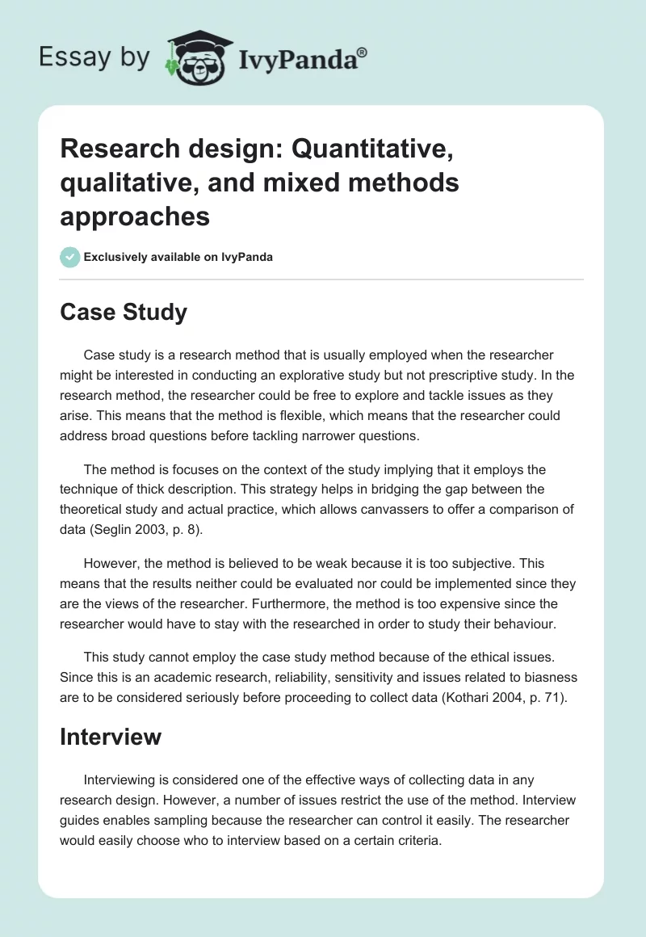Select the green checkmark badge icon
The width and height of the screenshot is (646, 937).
coord(69,257)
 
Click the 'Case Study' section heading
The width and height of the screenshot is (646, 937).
coord(124,313)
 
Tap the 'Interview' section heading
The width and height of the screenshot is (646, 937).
coord(111,737)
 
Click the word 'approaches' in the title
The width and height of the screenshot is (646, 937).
coord(135,216)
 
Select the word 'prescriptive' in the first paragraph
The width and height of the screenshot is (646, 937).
coord(463,375)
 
